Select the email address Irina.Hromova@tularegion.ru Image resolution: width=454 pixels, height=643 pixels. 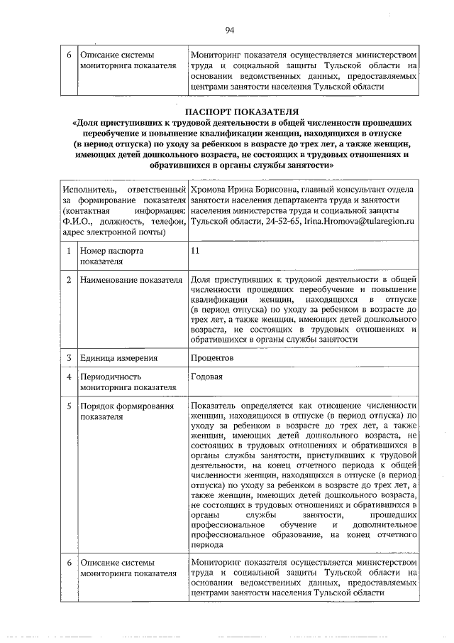pos(358,222)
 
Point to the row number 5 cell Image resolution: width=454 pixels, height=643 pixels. pos(68,406)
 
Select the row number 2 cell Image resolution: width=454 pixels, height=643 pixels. pos(68,281)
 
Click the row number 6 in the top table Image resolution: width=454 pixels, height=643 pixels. pos(68,55)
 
